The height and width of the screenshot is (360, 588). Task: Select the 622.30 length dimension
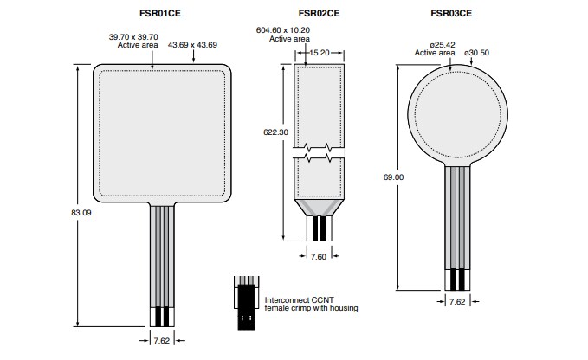tap(275, 132)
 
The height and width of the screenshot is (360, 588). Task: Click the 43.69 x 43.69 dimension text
tap(192, 44)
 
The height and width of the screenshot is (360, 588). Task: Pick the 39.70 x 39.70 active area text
tap(132, 42)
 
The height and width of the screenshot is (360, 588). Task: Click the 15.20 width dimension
tap(320, 53)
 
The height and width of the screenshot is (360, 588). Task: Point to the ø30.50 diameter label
tap(478, 53)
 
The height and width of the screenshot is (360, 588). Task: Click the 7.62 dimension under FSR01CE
tap(161, 341)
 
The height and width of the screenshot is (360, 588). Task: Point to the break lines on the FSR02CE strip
tap(320, 153)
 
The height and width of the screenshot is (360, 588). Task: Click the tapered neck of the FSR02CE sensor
tap(320, 206)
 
